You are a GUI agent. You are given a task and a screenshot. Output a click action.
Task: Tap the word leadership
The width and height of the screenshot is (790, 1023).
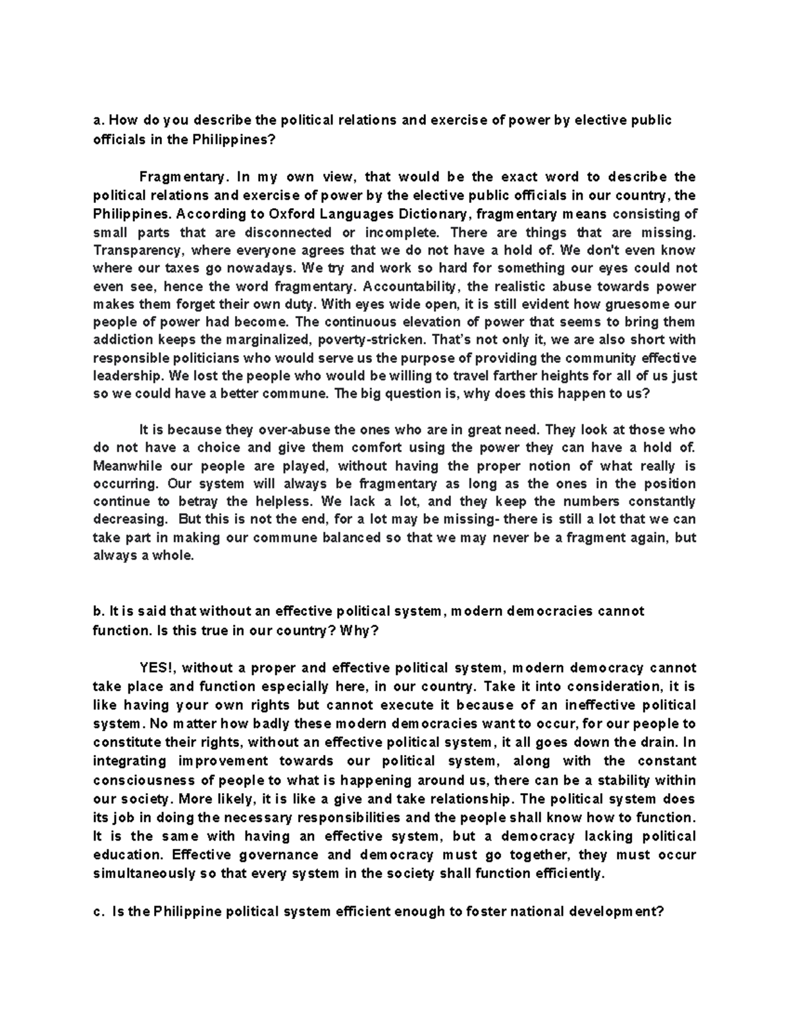click(129, 377)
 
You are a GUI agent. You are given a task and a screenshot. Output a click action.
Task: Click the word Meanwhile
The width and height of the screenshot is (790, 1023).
click(128, 466)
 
